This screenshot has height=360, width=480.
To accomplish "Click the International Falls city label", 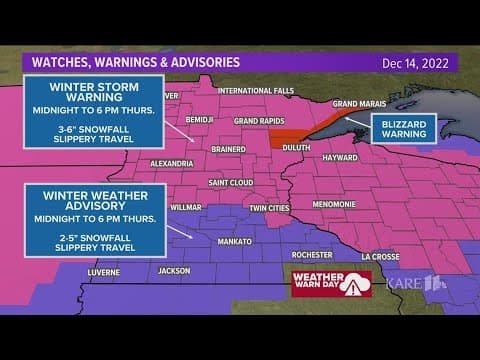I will pyautogui.click(x=252, y=91).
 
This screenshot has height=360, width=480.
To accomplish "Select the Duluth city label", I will pyautogui.click(x=295, y=145).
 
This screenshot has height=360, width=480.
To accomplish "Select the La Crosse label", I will pyautogui.click(x=380, y=255).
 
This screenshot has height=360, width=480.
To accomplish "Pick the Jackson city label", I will pyautogui.click(x=173, y=270).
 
